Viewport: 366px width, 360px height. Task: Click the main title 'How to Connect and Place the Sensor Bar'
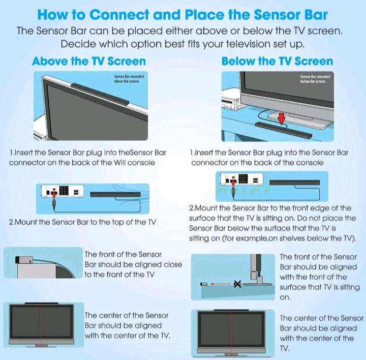[x=183, y=13]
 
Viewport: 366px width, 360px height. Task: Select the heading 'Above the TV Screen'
[x=88, y=62]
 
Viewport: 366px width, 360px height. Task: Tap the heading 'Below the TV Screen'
[x=277, y=62]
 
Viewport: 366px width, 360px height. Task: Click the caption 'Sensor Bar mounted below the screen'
[x=315, y=78]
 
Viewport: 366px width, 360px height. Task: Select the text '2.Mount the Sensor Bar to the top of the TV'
[x=82, y=222]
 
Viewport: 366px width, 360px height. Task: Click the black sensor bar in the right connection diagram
[x=294, y=182]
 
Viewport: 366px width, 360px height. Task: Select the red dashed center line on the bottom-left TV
[x=41, y=325]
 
